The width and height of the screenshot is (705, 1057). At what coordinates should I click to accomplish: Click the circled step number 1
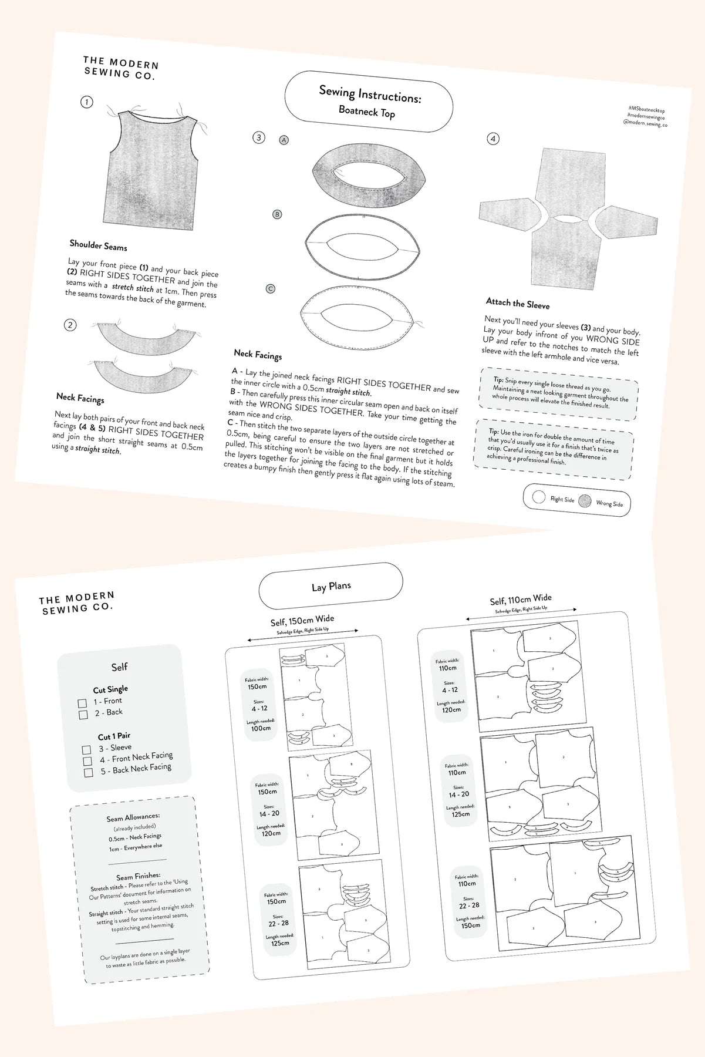click(x=86, y=102)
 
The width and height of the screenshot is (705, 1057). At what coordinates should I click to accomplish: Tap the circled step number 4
click(x=493, y=139)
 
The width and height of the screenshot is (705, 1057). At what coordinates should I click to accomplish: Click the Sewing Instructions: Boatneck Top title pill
click(x=369, y=102)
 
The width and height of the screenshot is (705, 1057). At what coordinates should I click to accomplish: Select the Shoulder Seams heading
click(x=98, y=245)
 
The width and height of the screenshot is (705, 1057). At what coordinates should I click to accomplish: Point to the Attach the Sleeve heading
click(x=517, y=303)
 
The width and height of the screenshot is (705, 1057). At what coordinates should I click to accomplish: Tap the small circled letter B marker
click(x=277, y=214)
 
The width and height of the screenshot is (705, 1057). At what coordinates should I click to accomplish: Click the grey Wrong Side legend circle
click(x=585, y=501)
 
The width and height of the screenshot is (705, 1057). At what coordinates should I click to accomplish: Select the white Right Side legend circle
click(x=538, y=497)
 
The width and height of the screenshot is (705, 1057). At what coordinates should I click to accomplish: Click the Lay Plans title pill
click(x=331, y=586)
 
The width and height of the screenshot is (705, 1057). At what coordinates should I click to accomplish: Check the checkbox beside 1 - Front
click(x=82, y=703)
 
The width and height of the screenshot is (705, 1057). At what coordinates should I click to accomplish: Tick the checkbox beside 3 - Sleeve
click(x=87, y=750)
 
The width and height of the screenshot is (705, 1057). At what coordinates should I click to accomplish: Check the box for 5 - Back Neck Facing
click(x=89, y=772)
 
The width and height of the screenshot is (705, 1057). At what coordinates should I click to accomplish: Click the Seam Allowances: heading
click(x=133, y=817)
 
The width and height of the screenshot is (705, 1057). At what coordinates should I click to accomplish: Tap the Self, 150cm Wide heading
click(x=302, y=620)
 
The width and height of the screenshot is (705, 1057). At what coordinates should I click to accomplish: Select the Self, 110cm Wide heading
click(x=520, y=600)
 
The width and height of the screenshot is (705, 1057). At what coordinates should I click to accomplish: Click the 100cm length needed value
click(x=261, y=728)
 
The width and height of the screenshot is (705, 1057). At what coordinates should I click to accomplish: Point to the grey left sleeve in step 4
click(x=508, y=218)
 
